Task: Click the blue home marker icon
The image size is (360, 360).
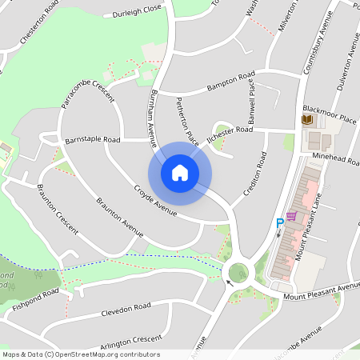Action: (x=180, y=172)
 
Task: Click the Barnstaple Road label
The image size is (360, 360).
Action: (x=93, y=139)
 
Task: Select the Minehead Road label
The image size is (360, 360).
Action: (x=336, y=159)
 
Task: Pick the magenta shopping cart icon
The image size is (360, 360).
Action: (x=292, y=216)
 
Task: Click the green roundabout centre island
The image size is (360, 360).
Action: (x=237, y=273)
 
